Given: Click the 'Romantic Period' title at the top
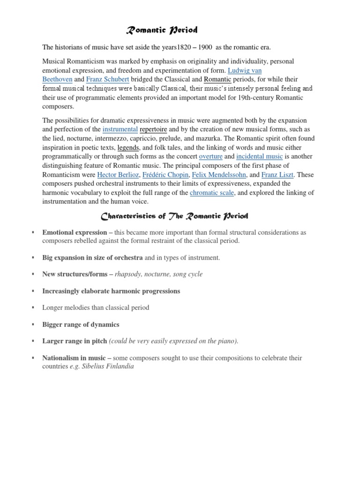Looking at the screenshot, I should [x=162, y=31].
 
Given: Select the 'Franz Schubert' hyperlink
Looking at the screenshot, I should [x=107, y=80].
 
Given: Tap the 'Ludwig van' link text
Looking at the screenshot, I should [x=245, y=71].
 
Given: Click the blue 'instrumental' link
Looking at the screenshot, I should [x=120, y=129].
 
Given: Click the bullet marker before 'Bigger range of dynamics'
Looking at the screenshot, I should [x=33, y=324].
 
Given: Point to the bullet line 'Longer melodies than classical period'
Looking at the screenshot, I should [x=96, y=308].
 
